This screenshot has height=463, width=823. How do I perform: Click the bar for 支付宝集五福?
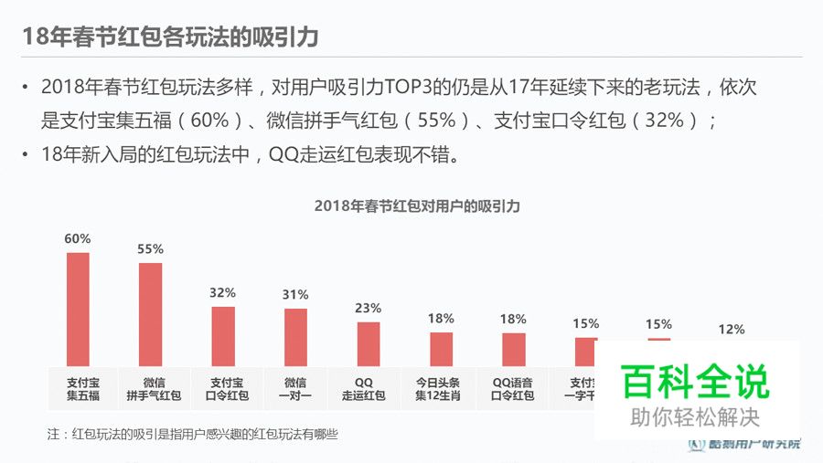(78, 309)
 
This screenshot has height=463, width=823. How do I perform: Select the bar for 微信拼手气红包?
(151, 314)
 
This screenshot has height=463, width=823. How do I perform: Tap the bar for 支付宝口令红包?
(223, 336)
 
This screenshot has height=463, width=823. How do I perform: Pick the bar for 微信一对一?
(295, 337)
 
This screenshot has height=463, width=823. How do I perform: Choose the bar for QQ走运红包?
(369, 344)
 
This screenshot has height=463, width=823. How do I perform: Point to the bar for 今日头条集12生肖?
(441, 349)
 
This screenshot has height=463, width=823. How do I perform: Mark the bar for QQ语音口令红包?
(514, 349)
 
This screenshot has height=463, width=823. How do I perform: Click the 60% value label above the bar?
(78, 238)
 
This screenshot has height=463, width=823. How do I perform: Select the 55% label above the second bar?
(151, 248)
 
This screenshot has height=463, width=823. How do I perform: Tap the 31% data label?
(295, 294)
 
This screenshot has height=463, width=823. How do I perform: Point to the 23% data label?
(369, 308)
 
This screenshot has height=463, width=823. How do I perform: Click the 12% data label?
(731, 329)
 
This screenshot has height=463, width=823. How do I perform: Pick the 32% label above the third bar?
(223, 292)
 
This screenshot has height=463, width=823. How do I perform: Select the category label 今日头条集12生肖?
(441, 389)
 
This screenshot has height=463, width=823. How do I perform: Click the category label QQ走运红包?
(369, 389)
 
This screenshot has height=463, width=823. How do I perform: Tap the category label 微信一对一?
(295, 389)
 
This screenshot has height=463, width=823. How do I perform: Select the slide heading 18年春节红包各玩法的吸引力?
(170, 37)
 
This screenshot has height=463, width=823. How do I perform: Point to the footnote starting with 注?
(192, 435)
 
